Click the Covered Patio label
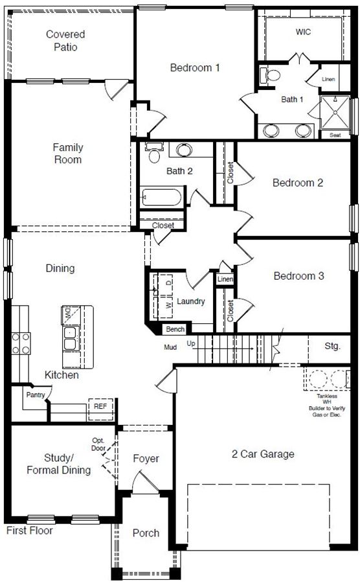click(x=65, y=41)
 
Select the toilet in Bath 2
click(x=154, y=152)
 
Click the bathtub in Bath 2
click(x=162, y=197)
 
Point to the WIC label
click(x=303, y=32)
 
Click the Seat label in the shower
click(x=335, y=135)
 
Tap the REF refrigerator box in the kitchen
click(x=100, y=409)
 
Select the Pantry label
click(x=36, y=395)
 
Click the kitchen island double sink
click(x=70, y=338)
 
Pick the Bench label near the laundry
click(x=175, y=329)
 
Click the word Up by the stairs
click(x=191, y=343)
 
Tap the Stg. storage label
click(x=333, y=346)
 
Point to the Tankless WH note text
click(x=327, y=406)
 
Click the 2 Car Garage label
click(x=263, y=454)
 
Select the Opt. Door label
click(x=98, y=444)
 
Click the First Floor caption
click(x=30, y=531)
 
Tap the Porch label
click(x=146, y=533)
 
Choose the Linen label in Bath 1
click(x=328, y=79)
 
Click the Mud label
click(x=170, y=347)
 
